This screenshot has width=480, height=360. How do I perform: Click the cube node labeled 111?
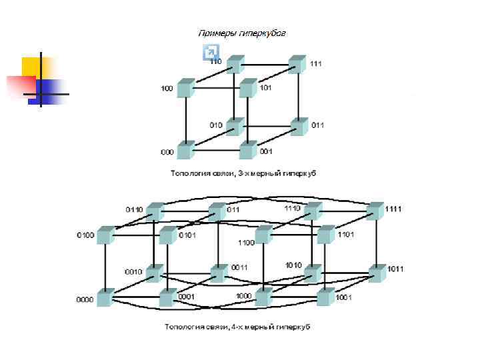point(298,65)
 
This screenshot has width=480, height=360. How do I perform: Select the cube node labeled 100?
point(186,88)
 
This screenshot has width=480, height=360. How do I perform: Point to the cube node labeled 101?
point(248,87)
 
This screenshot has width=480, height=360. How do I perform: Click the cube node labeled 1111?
point(375,211)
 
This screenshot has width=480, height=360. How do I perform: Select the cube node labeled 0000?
point(105,297)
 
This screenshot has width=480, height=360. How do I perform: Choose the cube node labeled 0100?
point(105,235)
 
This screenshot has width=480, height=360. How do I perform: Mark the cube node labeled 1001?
point(325,297)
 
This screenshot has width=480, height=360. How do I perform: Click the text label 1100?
point(246,243)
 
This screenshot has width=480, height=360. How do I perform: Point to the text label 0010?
point(133,272)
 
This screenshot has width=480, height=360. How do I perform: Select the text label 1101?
point(346,235)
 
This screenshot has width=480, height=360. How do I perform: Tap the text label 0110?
point(134,209)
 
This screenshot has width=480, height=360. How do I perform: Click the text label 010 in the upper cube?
point(216,125)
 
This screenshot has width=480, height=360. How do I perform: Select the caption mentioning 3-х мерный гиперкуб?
point(243,173)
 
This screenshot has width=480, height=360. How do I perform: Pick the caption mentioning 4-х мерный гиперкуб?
point(237,327)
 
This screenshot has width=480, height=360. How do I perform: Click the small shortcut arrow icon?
point(210,52)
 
